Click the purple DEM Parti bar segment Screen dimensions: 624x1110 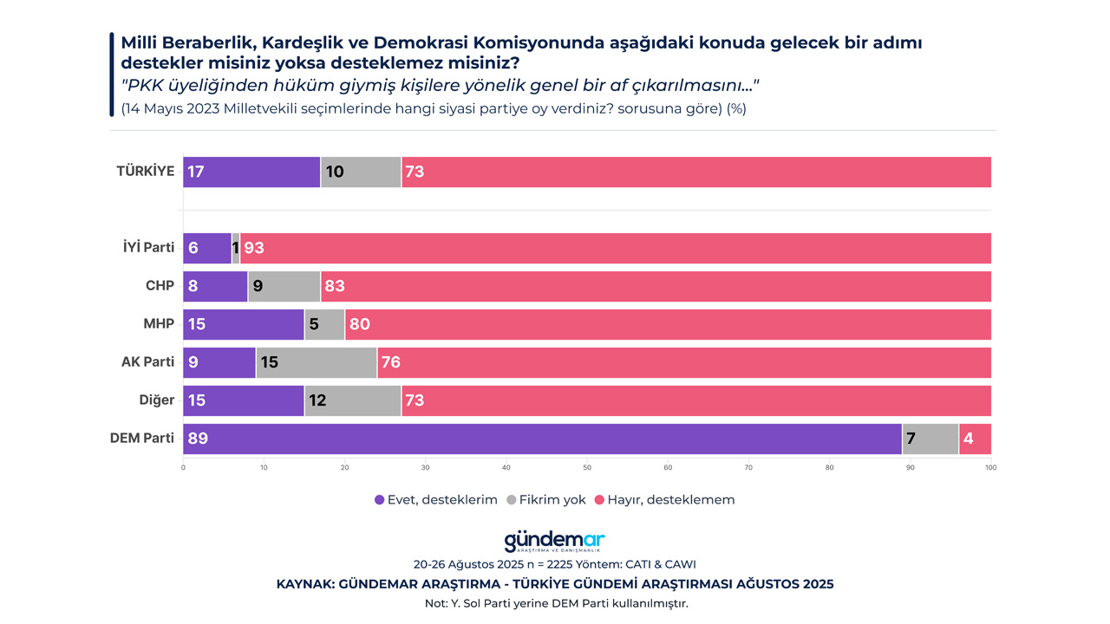(542, 439)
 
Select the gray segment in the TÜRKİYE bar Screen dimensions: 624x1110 (361, 172)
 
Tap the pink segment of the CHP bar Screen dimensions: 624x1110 (656, 286)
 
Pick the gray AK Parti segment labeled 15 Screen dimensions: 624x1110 (317, 362)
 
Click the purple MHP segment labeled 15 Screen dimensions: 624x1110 (244, 324)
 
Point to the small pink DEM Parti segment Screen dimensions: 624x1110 (975, 439)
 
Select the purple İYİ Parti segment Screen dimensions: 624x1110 (207, 248)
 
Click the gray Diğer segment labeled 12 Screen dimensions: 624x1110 (353, 400)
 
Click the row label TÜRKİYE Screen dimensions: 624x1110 (146, 172)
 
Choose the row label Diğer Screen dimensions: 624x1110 (157, 400)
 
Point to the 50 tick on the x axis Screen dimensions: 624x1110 (587, 468)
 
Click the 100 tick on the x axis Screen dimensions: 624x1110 (990, 468)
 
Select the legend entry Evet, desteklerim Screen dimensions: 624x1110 (436, 500)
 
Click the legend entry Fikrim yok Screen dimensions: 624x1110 (546, 500)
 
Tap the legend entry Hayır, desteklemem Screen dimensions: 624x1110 (664, 500)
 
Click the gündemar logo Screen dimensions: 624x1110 (554, 542)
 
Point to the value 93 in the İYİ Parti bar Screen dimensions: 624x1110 (254, 248)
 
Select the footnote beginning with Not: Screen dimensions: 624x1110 (555, 603)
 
